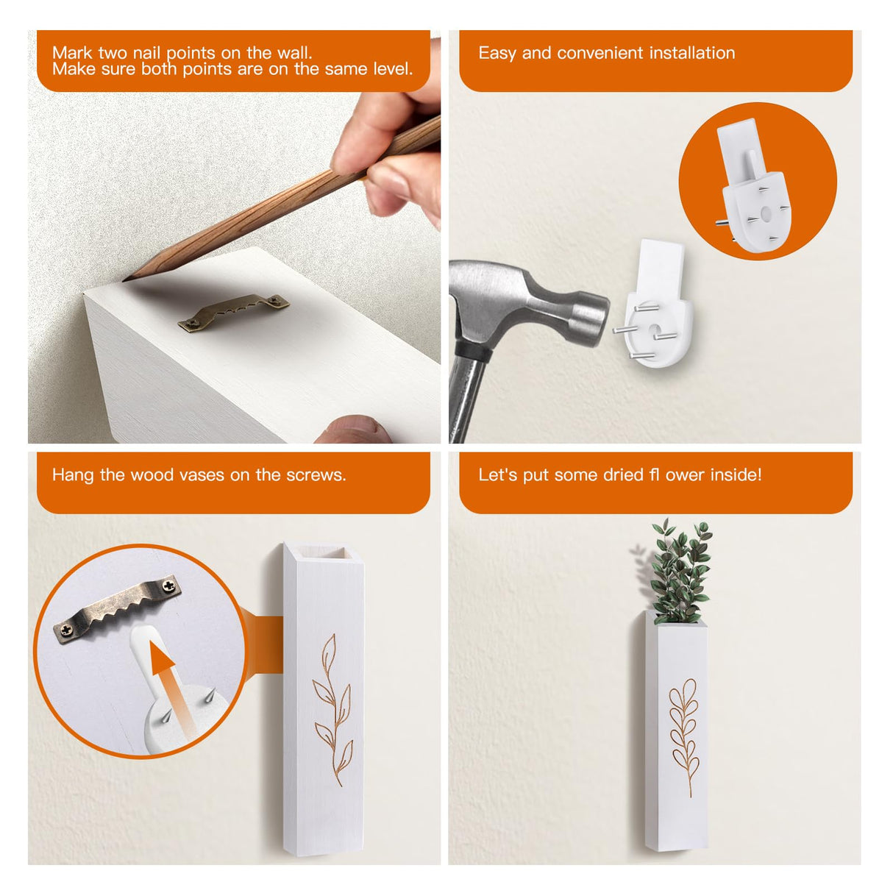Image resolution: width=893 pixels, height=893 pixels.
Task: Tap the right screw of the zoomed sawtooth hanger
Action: pyautogui.click(x=170, y=586)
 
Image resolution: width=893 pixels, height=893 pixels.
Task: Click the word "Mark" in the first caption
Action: pyautogui.click(x=72, y=53)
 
